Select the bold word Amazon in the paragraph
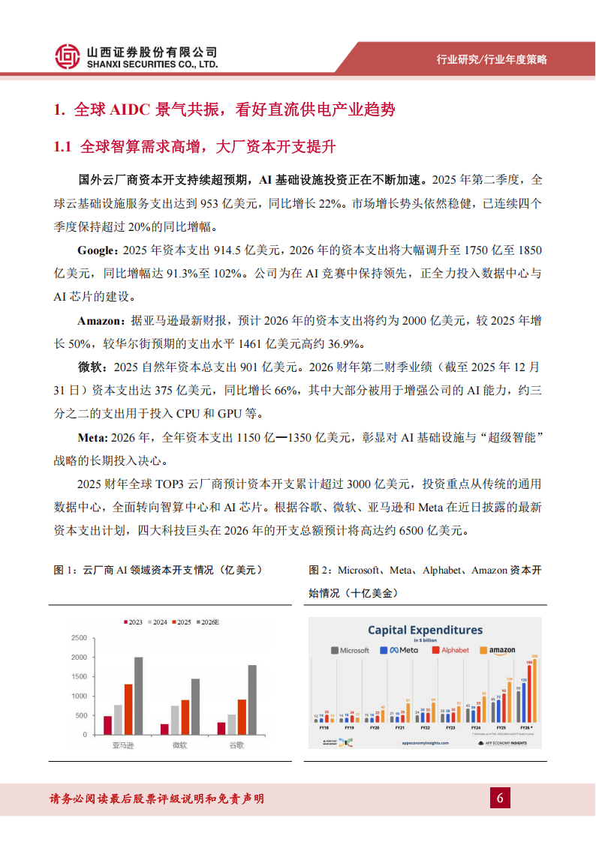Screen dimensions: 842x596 (101, 321)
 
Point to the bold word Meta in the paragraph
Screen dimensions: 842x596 (91, 438)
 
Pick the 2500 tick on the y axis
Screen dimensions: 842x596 (78, 638)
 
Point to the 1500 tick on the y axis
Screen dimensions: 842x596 (78, 677)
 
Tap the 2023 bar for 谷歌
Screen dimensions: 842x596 (221, 728)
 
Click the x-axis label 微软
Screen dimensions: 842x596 (179, 746)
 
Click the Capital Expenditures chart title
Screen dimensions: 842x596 (425, 631)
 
